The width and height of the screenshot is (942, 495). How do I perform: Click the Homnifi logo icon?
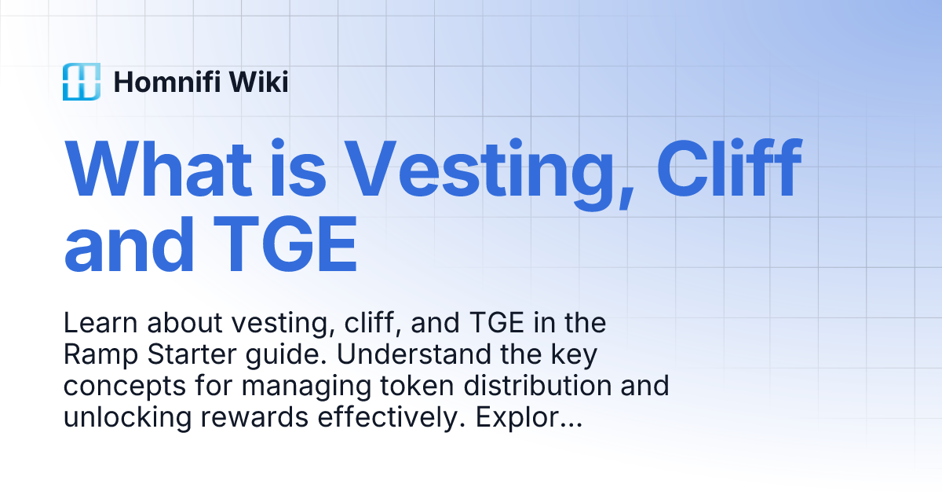[82, 82]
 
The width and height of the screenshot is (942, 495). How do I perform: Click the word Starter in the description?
[181, 355]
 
